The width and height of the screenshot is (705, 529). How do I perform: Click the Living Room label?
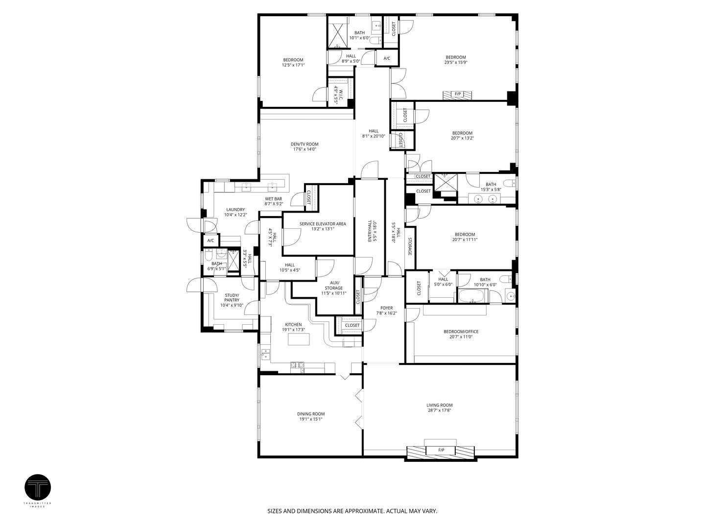(x=439, y=405)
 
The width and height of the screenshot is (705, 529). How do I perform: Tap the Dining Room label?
(x=311, y=413)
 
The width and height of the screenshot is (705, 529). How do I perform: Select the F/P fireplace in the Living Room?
(x=441, y=450)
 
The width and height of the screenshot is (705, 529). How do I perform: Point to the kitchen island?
(x=299, y=339)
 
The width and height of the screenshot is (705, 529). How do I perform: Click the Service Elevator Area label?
(x=323, y=224)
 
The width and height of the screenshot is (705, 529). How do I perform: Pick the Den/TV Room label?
(x=305, y=144)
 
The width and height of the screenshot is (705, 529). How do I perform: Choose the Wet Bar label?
(x=274, y=198)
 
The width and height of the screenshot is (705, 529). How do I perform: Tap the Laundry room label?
(x=235, y=210)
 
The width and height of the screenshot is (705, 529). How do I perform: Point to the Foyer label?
(x=386, y=308)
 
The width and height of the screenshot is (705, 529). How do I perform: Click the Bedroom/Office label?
(x=461, y=332)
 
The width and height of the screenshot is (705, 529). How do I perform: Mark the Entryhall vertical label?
(x=370, y=229)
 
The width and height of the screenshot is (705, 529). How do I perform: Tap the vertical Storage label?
(x=410, y=246)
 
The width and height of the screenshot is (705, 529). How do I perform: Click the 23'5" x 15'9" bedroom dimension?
(x=455, y=63)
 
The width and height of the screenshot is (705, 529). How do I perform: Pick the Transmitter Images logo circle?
(x=37, y=487)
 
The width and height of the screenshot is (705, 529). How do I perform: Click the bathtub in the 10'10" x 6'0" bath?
(x=472, y=296)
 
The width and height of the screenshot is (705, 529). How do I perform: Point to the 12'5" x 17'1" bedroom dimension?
(x=293, y=65)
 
